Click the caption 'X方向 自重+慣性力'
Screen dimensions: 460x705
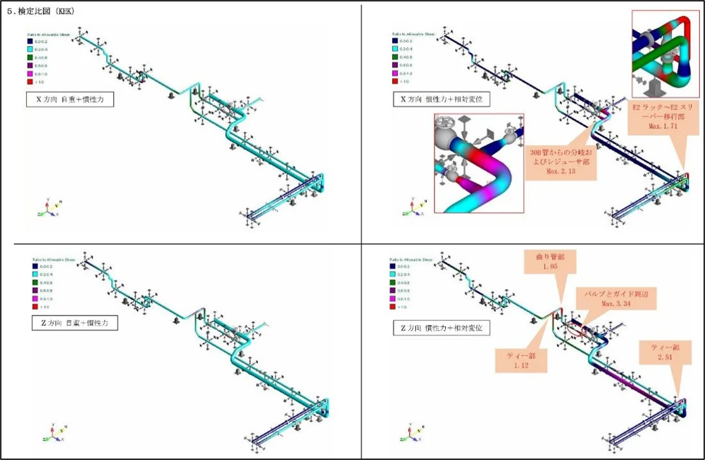70,100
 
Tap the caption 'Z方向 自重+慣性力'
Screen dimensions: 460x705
75,324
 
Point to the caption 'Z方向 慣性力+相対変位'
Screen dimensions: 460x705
441,328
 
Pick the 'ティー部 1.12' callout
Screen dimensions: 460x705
521,360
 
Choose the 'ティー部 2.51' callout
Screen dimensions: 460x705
666,352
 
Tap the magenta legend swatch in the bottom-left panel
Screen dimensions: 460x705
36,299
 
